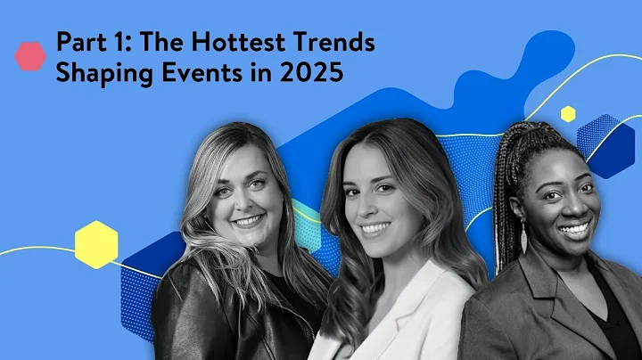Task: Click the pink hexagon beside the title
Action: point(30,56)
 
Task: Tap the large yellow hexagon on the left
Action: point(96,243)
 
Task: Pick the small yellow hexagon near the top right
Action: point(568,113)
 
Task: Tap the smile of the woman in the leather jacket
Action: point(247,219)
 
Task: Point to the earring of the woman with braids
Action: point(523,239)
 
